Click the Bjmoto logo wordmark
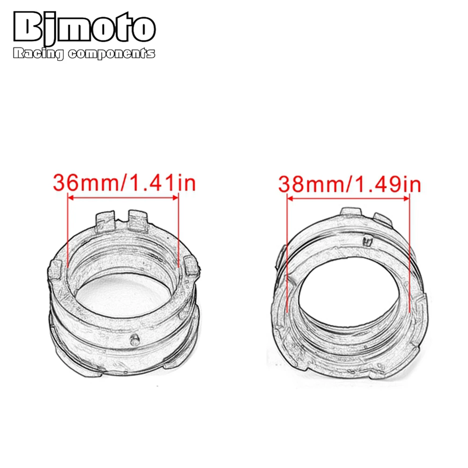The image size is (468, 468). [84, 27]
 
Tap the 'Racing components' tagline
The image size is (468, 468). [84, 54]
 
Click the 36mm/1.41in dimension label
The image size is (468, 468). [124, 183]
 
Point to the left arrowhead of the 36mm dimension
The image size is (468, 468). [71, 197]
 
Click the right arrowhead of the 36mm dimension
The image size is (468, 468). [175, 197]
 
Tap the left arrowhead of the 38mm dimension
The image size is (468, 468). [290, 198]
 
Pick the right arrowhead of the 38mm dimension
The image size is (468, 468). [406, 198]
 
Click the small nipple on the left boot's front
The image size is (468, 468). [135, 339]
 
